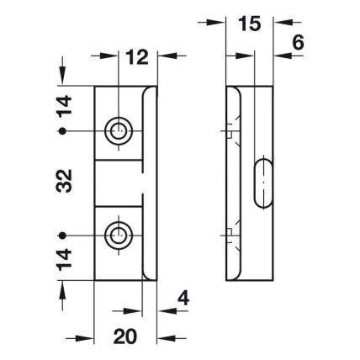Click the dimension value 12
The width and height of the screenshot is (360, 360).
(x=137, y=57)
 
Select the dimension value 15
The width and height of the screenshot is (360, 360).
(x=250, y=24)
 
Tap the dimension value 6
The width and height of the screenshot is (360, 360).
(x=298, y=44)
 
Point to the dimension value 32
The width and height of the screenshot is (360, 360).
(x=64, y=181)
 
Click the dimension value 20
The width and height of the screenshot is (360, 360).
(x=125, y=336)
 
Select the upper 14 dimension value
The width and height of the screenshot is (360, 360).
(x=64, y=106)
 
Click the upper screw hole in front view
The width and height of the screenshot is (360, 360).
(x=119, y=130)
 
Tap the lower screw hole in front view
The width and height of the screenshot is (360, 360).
(x=119, y=236)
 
